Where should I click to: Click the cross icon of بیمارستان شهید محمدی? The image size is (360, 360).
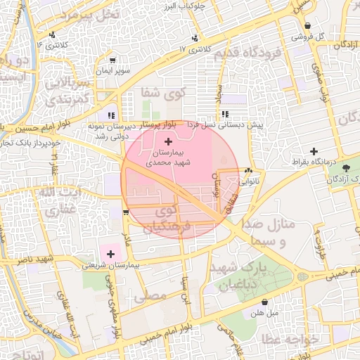coord(167,141)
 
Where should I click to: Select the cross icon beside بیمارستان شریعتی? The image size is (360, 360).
coord(110,253)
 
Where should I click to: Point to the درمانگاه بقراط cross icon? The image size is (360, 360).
coord(314,151)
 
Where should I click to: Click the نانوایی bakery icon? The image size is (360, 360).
coord(247,170)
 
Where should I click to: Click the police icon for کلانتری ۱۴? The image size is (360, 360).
coord(53,34)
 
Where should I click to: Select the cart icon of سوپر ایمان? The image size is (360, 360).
coord(113,60)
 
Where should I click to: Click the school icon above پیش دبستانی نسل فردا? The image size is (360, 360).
coord(224,113)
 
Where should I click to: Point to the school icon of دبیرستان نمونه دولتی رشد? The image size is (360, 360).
coord(110,115)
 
